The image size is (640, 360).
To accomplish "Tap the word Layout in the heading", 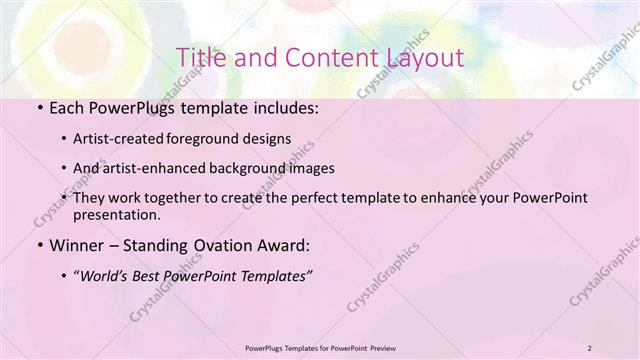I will (x=421, y=56).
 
